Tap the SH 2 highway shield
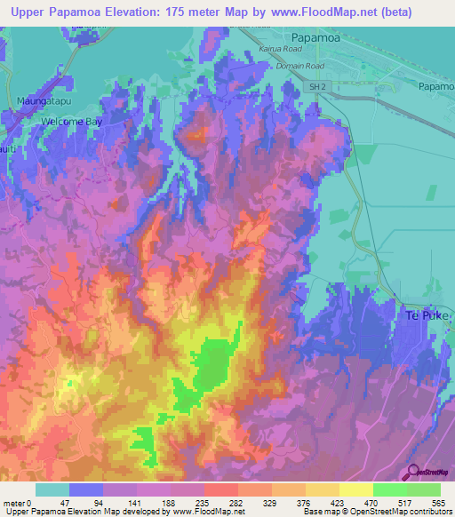319,87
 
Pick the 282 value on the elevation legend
236,502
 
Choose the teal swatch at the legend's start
52,489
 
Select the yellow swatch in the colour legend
355,489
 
